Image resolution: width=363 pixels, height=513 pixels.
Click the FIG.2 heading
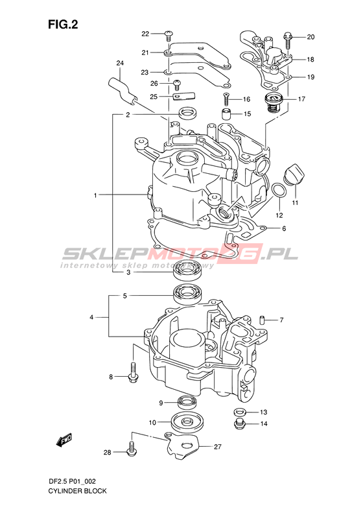63,24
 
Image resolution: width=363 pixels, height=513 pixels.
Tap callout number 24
120,63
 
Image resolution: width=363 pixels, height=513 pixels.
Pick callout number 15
248,114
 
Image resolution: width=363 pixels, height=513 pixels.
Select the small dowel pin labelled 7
262,320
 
